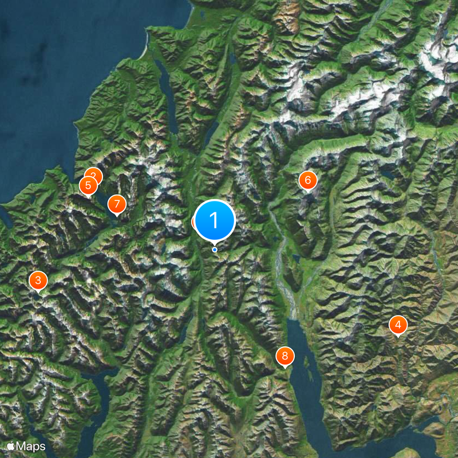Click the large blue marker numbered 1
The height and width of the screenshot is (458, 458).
215,220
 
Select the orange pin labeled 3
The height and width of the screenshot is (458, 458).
38,281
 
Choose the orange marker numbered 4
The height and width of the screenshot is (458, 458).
398,325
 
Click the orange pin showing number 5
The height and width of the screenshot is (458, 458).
88,185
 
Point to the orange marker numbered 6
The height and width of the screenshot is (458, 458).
307,180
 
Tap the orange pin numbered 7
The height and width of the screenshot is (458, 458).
117,203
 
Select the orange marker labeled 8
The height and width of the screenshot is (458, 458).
285,356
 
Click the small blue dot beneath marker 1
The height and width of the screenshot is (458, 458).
215,250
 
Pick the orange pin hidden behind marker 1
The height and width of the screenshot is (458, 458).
195,222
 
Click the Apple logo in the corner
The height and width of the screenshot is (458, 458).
11,445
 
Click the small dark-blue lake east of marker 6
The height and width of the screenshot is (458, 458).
389,173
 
